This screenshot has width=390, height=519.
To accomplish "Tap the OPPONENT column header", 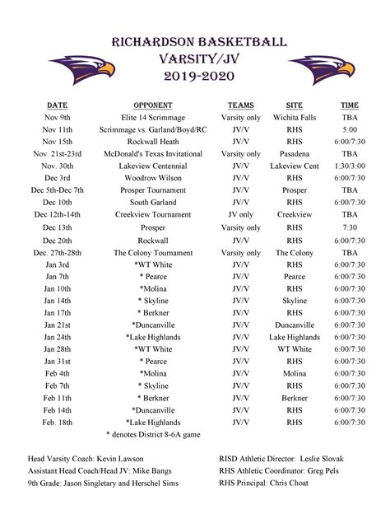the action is click(152, 105).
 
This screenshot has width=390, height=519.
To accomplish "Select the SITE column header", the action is click(294, 105).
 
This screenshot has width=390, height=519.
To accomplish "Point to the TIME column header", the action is click(350, 105).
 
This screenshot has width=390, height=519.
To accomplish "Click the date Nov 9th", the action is click(57, 118).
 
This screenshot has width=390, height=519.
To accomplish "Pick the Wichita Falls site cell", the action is click(294, 118).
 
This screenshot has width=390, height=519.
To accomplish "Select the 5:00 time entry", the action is click(350, 130).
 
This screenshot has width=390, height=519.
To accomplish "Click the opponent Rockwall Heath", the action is click(152, 142).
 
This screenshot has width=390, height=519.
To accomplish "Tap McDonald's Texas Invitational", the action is click(152, 154).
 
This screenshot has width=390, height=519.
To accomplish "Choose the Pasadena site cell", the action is click(294, 154).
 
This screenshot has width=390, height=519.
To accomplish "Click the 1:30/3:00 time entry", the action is click(350, 166).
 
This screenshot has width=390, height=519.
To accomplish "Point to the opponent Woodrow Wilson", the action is click(152, 178).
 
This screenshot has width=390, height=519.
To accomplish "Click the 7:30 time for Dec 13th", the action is click(350, 227).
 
